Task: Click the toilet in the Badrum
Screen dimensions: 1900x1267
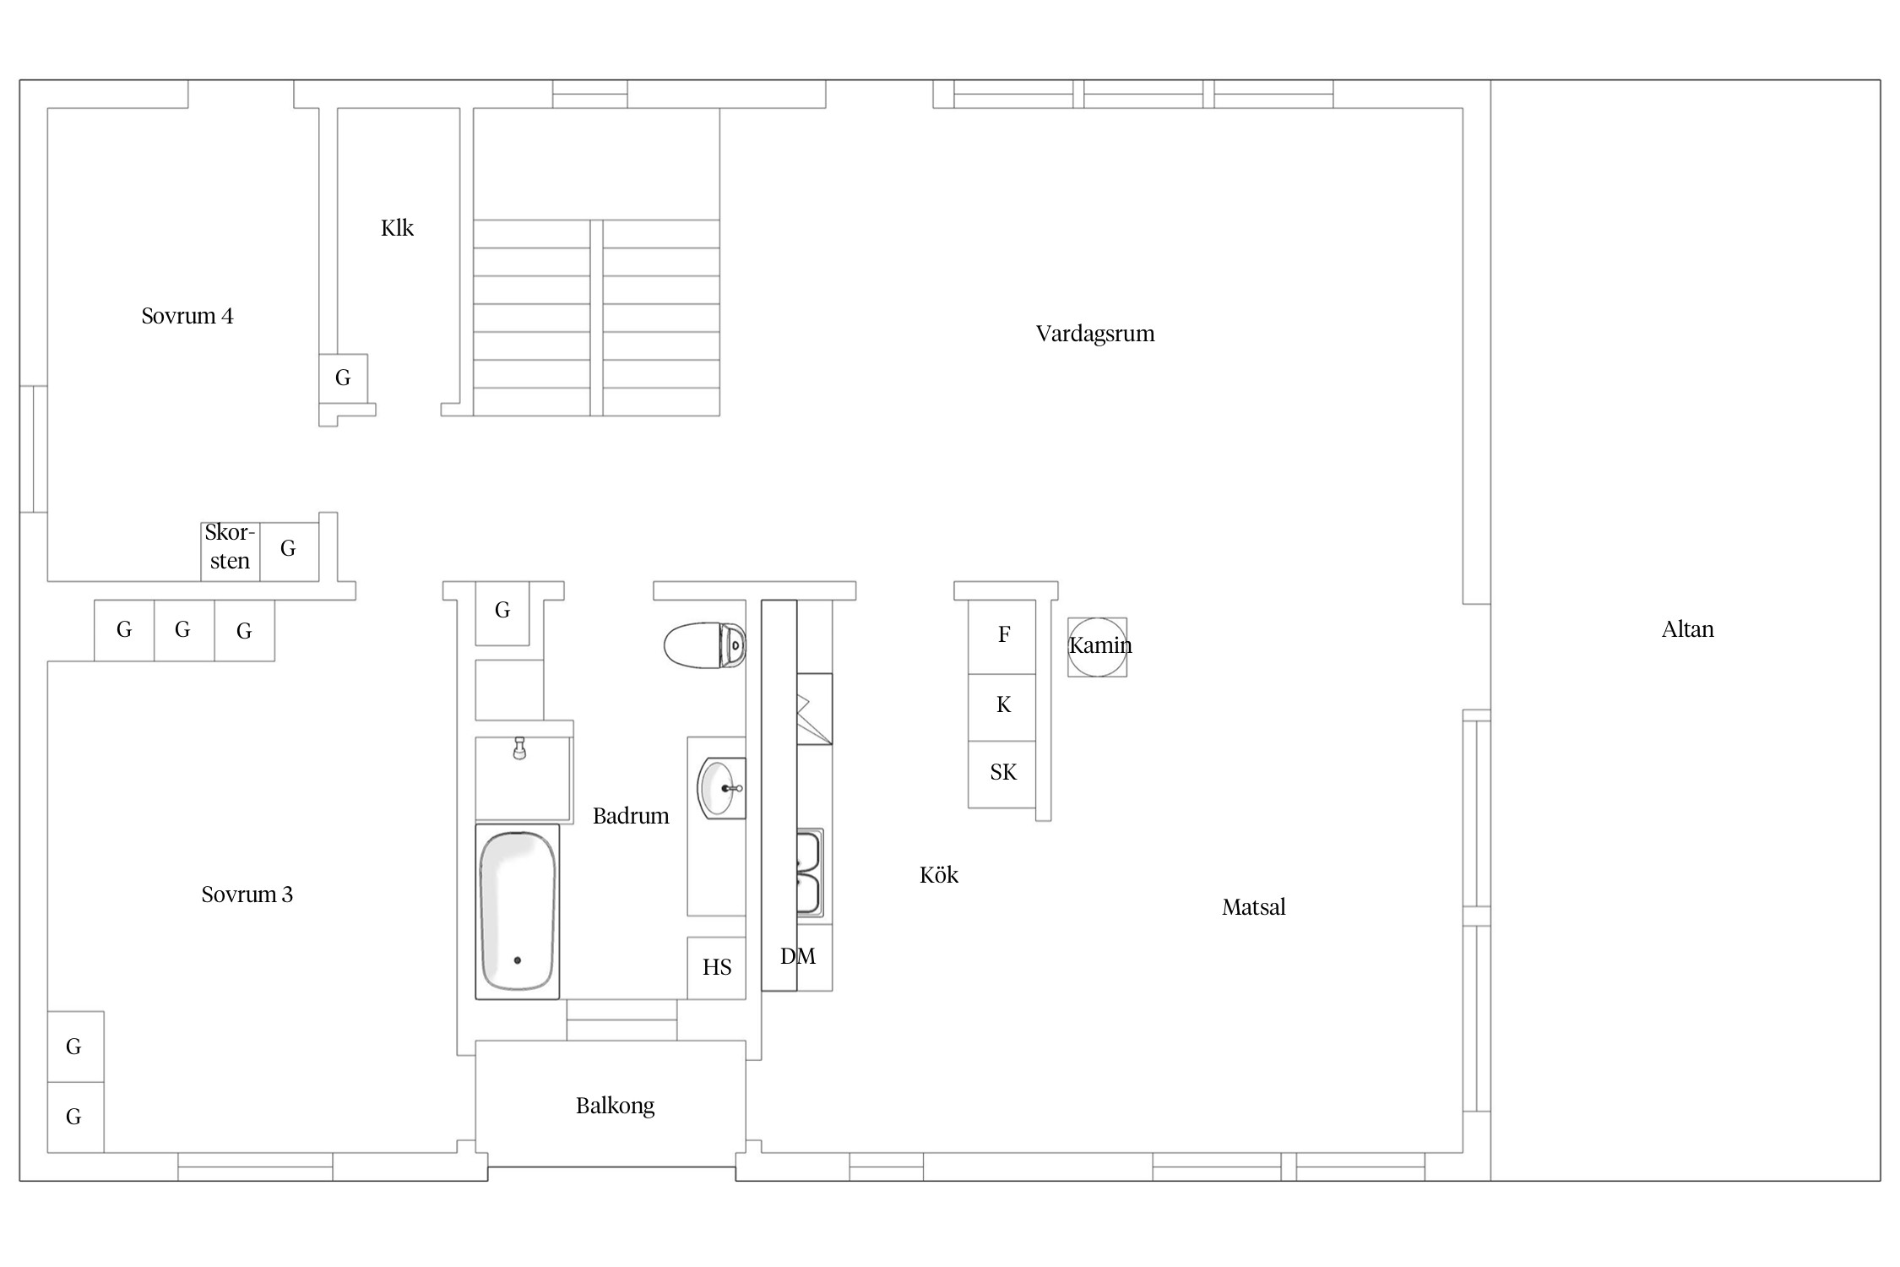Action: click(x=704, y=645)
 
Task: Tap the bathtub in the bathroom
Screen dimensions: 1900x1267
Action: click(x=518, y=911)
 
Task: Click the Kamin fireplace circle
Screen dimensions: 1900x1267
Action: click(x=1097, y=647)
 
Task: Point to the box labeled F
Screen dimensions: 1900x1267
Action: click(x=1002, y=637)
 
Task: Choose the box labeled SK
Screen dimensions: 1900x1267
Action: click(x=1002, y=775)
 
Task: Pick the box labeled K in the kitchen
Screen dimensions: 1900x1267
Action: click(x=1002, y=708)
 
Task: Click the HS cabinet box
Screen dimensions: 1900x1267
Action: click(x=717, y=968)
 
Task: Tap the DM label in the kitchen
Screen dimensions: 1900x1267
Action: click(x=798, y=956)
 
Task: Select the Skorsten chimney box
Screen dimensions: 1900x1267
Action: click(x=230, y=552)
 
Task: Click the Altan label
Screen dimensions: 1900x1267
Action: click(x=1687, y=629)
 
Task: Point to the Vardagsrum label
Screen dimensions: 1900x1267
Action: click(x=1095, y=334)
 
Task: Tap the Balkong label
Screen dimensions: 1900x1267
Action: click(x=615, y=1107)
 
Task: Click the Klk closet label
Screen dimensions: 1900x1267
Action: click(x=397, y=228)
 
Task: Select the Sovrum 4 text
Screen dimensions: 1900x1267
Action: click(x=187, y=316)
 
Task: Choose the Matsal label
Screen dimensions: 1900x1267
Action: click(x=1253, y=907)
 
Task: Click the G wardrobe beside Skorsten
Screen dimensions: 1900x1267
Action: click(x=289, y=552)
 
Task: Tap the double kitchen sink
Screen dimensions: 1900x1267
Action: click(x=809, y=873)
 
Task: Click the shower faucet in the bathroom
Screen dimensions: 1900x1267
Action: click(x=519, y=748)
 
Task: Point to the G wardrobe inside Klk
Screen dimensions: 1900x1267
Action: click(x=343, y=378)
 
